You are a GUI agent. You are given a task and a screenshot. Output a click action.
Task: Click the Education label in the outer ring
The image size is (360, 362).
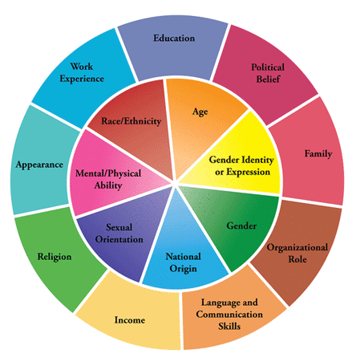(x=174, y=38)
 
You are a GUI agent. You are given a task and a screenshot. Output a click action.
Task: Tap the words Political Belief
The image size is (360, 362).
(x=268, y=73)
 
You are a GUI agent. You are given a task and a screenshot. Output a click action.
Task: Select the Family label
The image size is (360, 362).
(x=318, y=153)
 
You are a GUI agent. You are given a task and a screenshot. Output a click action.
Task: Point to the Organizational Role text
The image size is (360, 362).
(x=297, y=253)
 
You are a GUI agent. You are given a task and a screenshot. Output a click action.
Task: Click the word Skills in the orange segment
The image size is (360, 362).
(x=229, y=326)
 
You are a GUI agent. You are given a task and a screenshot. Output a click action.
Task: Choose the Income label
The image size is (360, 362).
(x=130, y=319)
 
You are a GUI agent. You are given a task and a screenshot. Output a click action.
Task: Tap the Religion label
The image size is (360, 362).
(x=55, y=257)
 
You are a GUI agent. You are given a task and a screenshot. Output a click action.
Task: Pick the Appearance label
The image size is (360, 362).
(x=39, y=165)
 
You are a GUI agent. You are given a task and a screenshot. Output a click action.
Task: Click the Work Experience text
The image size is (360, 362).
(x=82, y=72)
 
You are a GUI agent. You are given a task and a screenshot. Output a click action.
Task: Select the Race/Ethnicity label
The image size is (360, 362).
(x=131, y=121)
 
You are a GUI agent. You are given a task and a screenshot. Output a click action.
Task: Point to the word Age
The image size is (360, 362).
(x=200, y=112)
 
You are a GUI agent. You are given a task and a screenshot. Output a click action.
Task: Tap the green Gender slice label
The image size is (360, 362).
(x=241, y=226)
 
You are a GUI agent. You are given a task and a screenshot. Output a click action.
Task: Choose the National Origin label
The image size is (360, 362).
(x=184, y=262)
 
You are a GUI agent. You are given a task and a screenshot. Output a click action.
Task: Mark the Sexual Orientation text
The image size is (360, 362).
(x=119, y=233)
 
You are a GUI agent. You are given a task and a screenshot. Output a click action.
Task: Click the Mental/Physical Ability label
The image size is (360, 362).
(x=108, y=179)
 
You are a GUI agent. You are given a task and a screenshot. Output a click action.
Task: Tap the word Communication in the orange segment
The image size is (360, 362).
(x=229, y=314)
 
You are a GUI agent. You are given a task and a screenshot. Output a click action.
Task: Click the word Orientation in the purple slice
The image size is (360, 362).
(x=119, y=239)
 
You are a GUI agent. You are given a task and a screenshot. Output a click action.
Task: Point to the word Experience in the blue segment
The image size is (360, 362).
(x=82, y=79)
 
